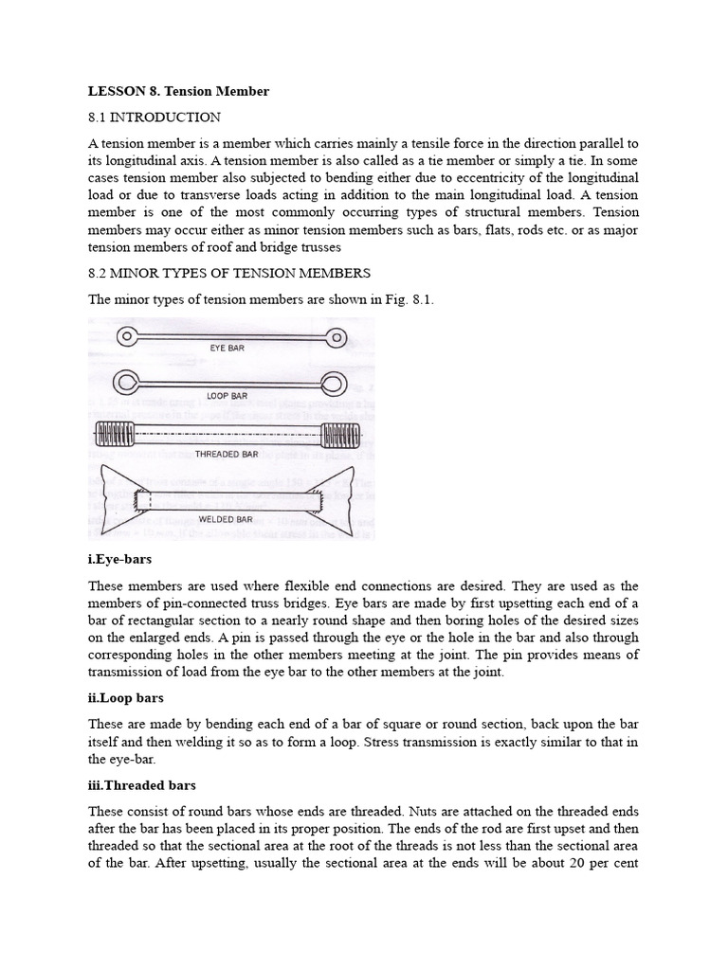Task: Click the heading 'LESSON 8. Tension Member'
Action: (x=178, y=91)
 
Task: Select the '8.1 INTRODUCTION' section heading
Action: (x=155, y=117)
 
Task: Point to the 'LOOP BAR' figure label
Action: (x=227, y=395)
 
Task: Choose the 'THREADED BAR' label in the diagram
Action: (x=227, y=454)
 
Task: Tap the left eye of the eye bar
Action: (x=126, y=336)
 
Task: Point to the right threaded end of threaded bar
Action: (x=340, y=437)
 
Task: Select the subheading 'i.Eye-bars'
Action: (x=118, y=560)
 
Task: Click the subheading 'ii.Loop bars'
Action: (x=126, y=698)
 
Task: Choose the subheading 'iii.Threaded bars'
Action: (x=141, y=785)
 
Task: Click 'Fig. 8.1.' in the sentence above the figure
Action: (x=410, y=300)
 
